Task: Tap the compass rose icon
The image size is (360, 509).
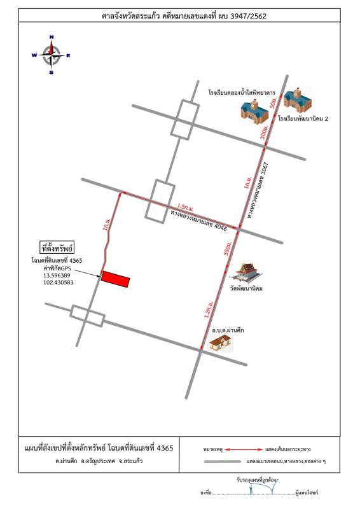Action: pyautogui.click(x=51, y=55)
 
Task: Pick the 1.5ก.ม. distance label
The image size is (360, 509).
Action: pyautogui.click(x=186, y=207)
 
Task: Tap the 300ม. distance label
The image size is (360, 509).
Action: pyautogui.click(x=265, y=132)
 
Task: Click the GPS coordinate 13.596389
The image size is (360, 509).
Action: pyautogui.click(x=57, y=275)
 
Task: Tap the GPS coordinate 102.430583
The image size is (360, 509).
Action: pyautogui.click(x=57, y=282)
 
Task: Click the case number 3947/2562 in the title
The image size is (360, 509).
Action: pyautogui.click(x=246, y=16)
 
